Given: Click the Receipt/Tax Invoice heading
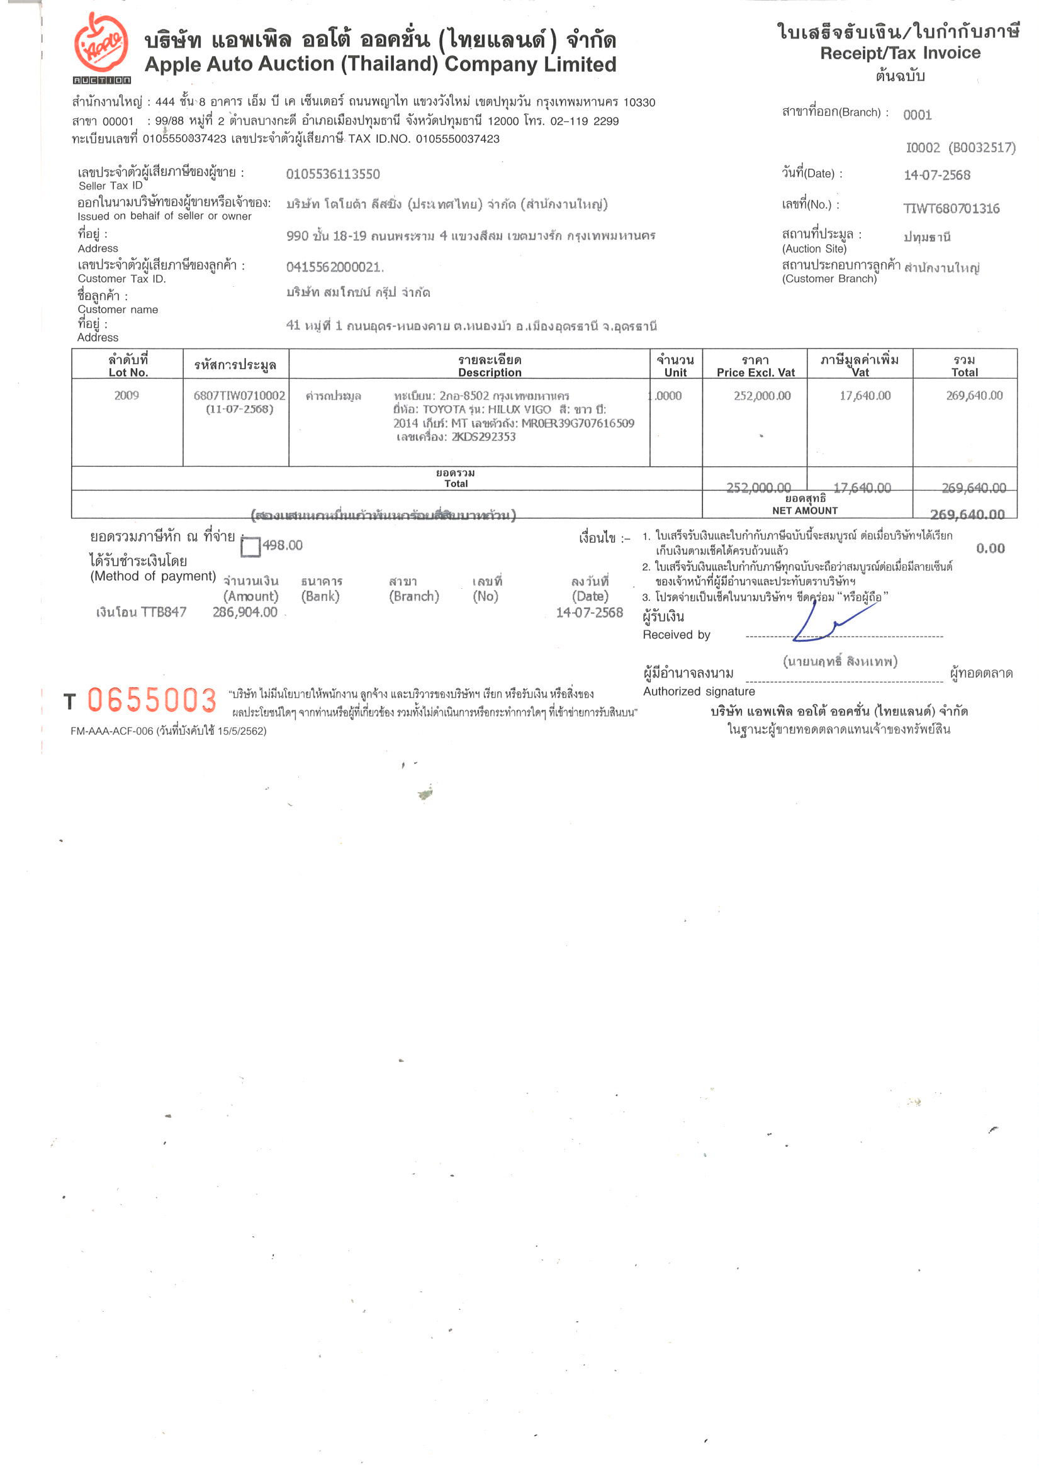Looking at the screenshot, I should click(899, 53).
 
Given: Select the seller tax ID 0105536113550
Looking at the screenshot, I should click(332, 174).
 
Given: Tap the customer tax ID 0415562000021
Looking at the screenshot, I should click(334, 267).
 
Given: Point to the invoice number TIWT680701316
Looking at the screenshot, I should click(951, 209).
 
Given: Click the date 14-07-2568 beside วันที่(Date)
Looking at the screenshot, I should click(936, 176).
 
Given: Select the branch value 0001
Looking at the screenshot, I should click(917, 115).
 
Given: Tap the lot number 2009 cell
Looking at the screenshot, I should click(126, 395).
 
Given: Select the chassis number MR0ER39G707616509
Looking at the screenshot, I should click(578, 423).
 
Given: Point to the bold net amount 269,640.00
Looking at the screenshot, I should click(967, 514).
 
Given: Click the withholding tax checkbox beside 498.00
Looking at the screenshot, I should click(250, 547).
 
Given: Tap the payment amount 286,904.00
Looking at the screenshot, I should click(245, 612).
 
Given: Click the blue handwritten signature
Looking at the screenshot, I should click(826, 622).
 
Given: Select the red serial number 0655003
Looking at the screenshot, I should click(152, 700).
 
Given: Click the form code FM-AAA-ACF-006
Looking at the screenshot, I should click(111, 730).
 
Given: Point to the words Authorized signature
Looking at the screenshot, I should click(699, 691).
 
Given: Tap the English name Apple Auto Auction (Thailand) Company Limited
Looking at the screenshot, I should click(380, 65).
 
